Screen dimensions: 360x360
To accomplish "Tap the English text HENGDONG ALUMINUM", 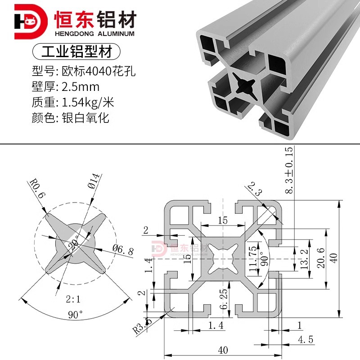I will click(x=94, y=34).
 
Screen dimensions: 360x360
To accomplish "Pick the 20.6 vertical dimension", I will click(x=320, y=257).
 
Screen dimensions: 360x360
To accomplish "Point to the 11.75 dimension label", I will click(x=253, y=258).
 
